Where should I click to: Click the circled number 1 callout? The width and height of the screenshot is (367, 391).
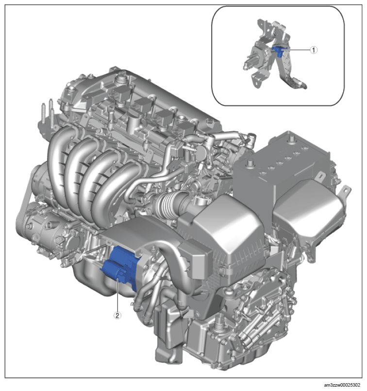pos(314,50)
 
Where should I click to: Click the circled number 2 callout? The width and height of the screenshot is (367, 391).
pos(117,316)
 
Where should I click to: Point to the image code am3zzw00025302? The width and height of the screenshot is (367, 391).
pos(342,385)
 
